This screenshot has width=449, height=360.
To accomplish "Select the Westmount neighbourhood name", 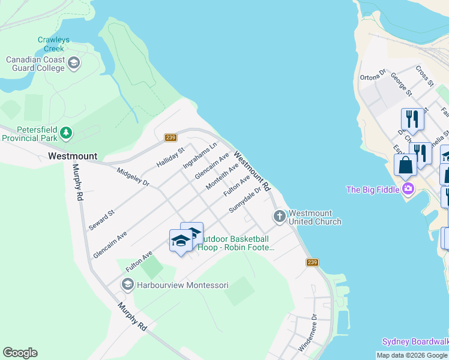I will click(x=72, y=156).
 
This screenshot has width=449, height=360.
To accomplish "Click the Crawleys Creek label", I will click(x=53, y=44).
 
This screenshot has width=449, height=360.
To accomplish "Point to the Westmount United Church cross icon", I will click(x=279, y=216).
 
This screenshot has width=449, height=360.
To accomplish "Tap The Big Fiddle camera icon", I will click(x=408, y=190).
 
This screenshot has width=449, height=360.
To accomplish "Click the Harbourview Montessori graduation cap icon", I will click(x=127, y=284).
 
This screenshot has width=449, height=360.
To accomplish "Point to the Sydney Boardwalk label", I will click(x=415, y=341).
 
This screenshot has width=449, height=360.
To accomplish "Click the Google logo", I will click(x=20, y=353).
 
